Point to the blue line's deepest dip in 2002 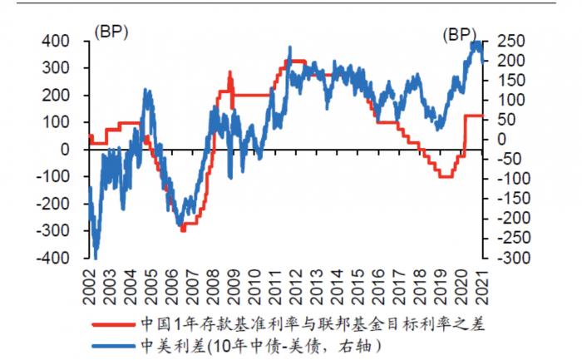[96, 254]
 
